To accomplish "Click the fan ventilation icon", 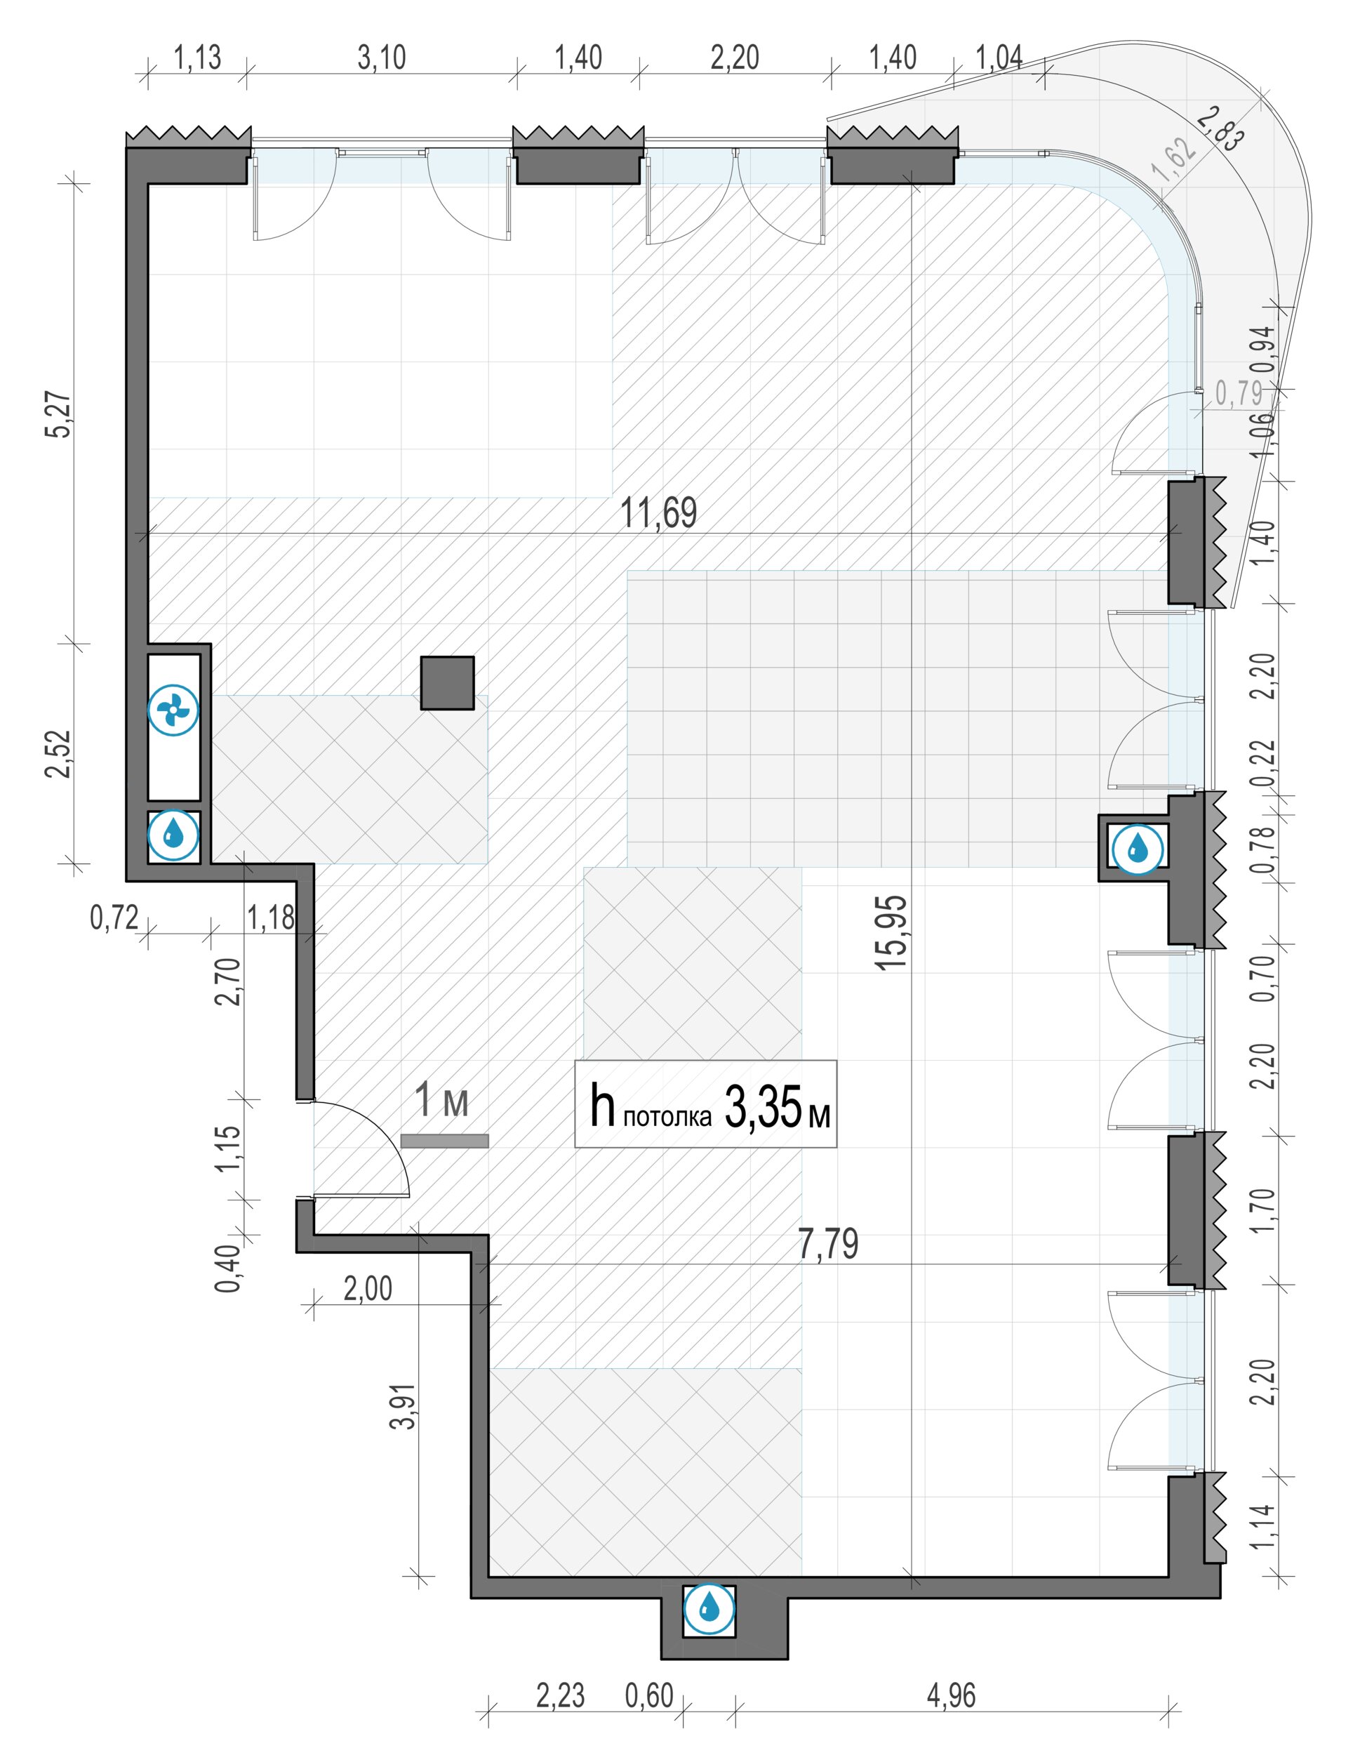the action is pyautogui.click(x=173, y=710).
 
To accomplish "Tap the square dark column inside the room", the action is pyautogui.click(x=448, y=683).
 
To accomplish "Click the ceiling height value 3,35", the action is pyautogui.click(x=764, y=1107).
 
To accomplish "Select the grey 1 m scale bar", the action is pyautogui.click(x=444, y=1140).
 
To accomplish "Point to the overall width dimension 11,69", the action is pyautogui.click(x=659, y=512).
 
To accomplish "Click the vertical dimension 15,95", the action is pyautogui.click(x=893, y=933).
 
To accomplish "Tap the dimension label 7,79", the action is pyautogui.click(x=828, y=1243).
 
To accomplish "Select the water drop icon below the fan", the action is pyautogui.click(x=173, y=835).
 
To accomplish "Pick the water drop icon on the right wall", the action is pyautogui.click(x=1138, y=848).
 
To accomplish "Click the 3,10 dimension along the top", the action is pyautogui.click(x=382, y=58).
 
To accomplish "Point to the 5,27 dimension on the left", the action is pyautogui.click(x=61, y=414).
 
